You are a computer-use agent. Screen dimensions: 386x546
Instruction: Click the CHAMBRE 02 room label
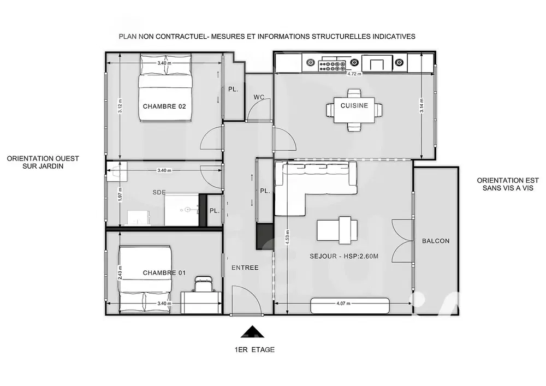point(164,106)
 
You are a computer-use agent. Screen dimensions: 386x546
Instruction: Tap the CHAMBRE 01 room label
point(164,272)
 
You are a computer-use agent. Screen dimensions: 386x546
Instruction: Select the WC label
point(259,97)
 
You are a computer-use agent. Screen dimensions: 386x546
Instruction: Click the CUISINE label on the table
point(354,105)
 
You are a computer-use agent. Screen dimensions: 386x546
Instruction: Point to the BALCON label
point(436,241)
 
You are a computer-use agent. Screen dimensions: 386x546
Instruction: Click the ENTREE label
point(245,268)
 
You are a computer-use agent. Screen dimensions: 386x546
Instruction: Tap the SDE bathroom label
point(159,192)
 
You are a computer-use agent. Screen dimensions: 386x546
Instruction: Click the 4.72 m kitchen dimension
point(354,74)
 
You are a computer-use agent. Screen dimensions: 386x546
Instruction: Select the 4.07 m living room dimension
point(343,303)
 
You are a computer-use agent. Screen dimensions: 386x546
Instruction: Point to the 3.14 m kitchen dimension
point(422,105)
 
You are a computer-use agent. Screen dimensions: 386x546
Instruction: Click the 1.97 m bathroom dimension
point(120,194)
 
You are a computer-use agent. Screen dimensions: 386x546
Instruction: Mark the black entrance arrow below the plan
point(252,331)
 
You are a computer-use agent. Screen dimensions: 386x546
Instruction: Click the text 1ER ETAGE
point(252,349)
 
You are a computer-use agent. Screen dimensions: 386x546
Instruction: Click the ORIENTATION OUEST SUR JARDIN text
point(43,163)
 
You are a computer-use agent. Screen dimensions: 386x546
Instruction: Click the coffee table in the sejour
point(338,230)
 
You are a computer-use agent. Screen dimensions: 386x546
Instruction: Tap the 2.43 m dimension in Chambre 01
point(120,272)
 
